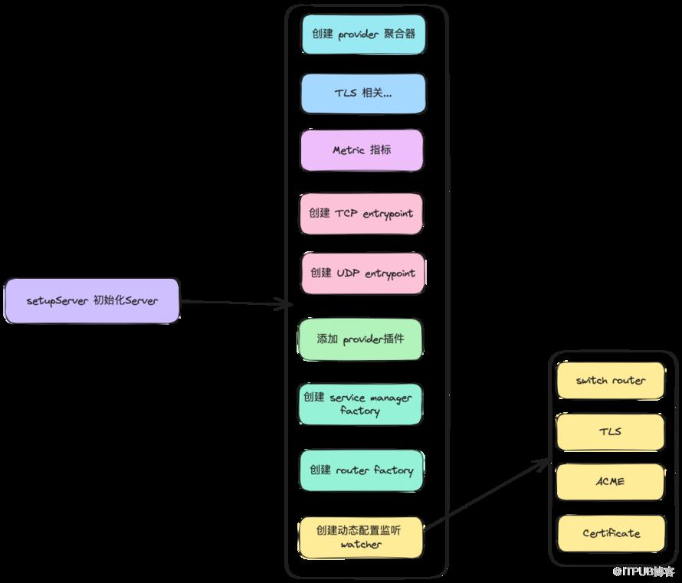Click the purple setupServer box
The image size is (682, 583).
(92, 301)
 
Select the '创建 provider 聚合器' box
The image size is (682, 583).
(363, 34)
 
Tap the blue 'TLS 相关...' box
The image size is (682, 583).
(363, 93)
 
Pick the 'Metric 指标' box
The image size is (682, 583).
(362, 150)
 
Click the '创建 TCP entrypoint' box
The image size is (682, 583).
(361, 214)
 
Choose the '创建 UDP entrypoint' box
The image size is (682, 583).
(362, 273)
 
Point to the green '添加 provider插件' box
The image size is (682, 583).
(360, 339)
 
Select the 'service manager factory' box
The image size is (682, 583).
(360, 404)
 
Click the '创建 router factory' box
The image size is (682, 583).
(362, 470)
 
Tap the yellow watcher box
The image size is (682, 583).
(360, 537)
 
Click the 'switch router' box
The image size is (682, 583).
(610, 381)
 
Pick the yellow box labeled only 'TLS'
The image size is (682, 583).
(610, 432)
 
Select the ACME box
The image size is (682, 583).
(611, 482)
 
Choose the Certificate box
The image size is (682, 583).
(611, 533)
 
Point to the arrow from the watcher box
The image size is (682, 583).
(487, 494)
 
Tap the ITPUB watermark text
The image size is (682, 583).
(643, 572)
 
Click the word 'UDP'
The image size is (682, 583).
(348, 273)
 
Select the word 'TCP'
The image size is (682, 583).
(346, 214)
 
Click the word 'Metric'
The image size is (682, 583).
(349, 150)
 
